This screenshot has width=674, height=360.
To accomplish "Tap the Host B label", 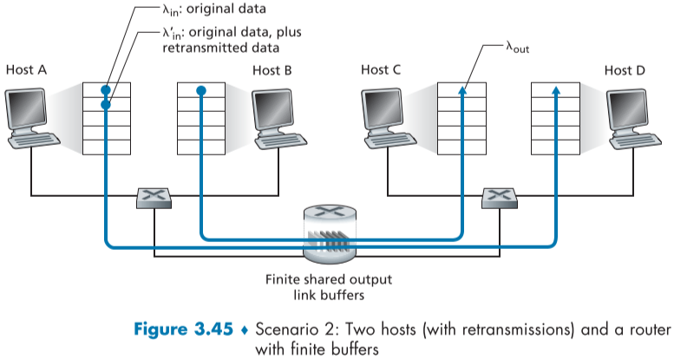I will click(272, 69).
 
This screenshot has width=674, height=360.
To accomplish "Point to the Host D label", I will click(625, 69).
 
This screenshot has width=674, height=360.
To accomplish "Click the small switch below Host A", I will click(155, 197).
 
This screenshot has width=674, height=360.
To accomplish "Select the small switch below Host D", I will click(501, 197).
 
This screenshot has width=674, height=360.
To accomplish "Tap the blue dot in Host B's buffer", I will click(200, 90).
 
